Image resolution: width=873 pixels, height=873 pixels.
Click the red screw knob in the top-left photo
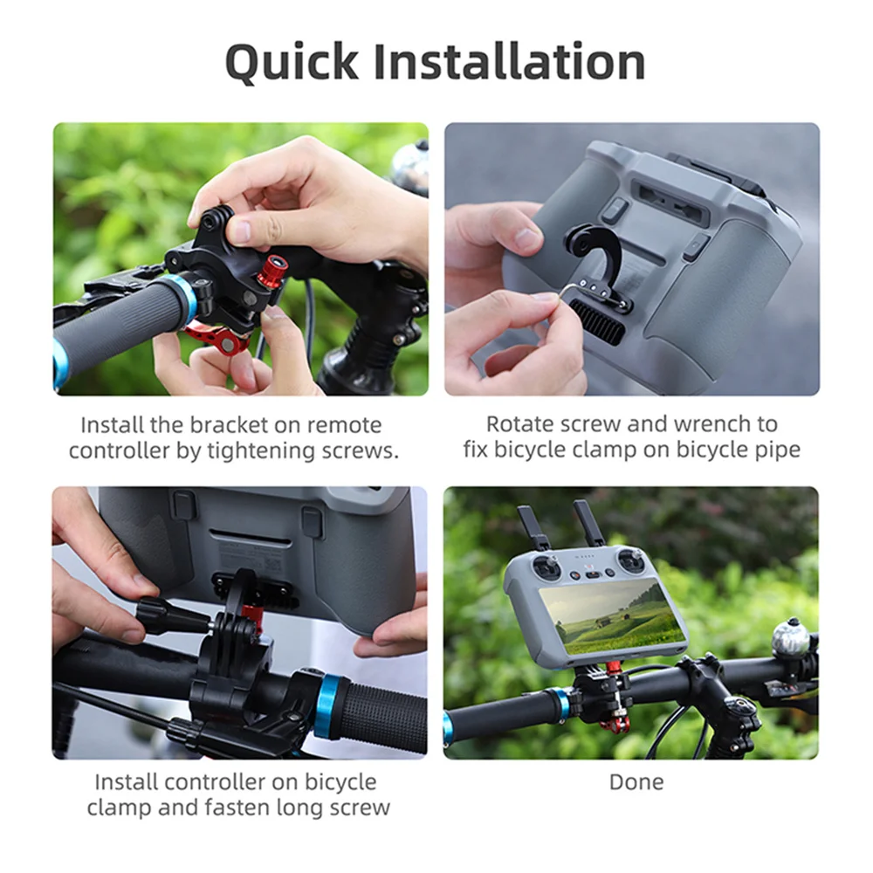pos(272,271)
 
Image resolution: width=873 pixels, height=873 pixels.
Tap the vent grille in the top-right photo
pos(599,322)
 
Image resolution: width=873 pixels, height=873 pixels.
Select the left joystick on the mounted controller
pos(546,567)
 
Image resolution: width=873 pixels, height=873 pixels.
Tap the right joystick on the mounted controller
pos(629,561)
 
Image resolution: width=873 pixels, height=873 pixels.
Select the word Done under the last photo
pos(636,781)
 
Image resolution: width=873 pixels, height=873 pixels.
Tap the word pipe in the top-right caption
pos(777,450)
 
